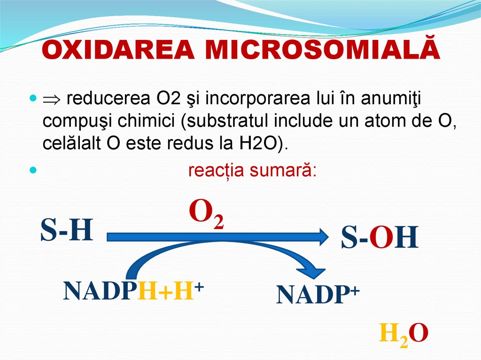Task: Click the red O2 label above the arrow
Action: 206,214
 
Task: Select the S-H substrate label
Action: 67,231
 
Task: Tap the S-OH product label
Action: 380,238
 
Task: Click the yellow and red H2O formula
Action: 403,334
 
